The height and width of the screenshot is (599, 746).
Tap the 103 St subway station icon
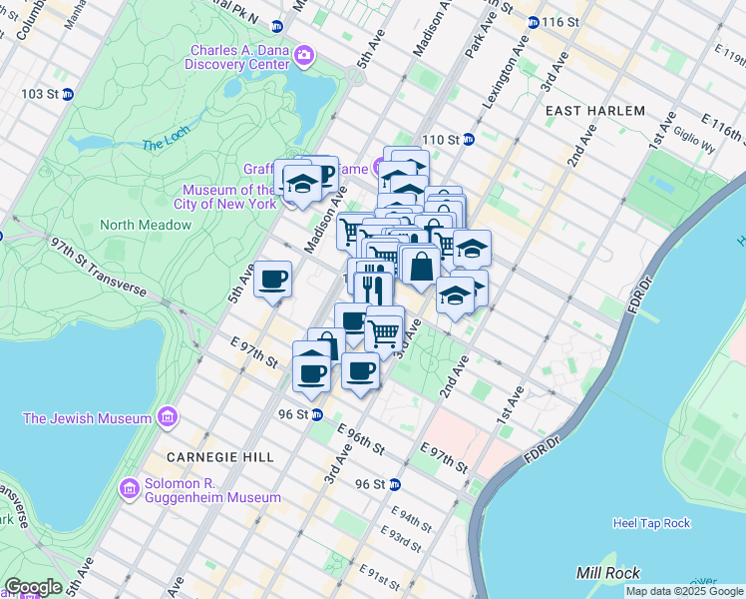click(x=68, y=94)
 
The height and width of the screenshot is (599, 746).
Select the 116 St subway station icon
click(x=534, y=22)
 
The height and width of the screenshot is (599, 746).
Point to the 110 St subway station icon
click(x=467, y=139)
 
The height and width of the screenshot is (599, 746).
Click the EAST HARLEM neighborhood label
click(x=595, y=111)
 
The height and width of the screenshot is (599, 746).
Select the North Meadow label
click(x=145, y=225)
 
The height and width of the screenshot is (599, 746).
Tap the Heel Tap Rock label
click(x=651, y=523)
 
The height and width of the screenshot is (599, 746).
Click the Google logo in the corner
click(x=32, y=587)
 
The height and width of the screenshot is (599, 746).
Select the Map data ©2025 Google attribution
click(x=684, y=591)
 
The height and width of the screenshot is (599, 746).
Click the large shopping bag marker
click(x=421, y=266)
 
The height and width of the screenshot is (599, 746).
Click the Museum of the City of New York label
click(x=228, y=197)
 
